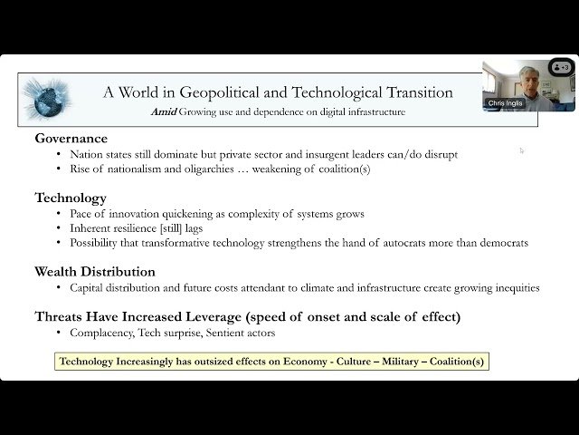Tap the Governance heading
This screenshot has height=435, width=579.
click(71, 139)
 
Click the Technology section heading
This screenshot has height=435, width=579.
click(71, 198)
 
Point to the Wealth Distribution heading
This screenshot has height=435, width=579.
click(95, 271)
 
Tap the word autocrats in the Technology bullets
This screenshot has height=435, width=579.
click(413, 242)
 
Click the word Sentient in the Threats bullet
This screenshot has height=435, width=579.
click(225, 332)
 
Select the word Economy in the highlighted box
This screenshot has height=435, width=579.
click(296, 362)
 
